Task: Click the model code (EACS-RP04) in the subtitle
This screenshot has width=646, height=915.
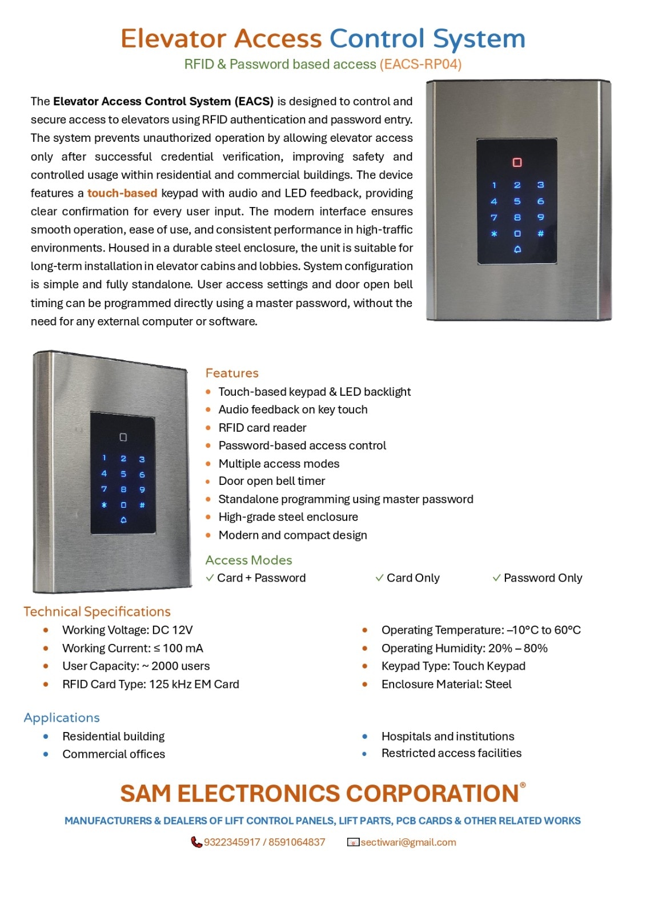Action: click(420, 64)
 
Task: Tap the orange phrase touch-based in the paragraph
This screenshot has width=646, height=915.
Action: click(122, 193)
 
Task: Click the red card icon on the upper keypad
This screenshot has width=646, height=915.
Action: click(517, 162)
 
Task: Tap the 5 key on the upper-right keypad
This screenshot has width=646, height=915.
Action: click(517, 201)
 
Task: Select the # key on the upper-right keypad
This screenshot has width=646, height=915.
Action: click(540, 233)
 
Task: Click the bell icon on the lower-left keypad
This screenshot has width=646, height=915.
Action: click(123, 520)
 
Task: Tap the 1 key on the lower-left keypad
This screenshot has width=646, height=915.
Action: click(104, 457)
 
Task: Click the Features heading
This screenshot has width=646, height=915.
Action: click(232, 373)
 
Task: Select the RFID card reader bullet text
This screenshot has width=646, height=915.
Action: click(262, 428)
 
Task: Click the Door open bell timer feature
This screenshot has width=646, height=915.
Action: click(272, 481)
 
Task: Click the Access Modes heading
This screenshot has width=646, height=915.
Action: click(248, 560)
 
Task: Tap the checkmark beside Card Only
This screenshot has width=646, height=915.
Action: click(379, 578)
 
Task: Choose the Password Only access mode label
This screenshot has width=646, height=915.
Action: click(543, 578)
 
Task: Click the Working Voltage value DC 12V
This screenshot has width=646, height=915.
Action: click(172, 630)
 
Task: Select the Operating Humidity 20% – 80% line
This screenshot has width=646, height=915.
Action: click(464, 648)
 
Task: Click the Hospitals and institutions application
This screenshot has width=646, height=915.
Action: click(448, 736)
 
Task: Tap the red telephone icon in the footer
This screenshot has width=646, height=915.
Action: click(196, 842)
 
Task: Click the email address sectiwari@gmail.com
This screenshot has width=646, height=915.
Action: click(408, 842)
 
